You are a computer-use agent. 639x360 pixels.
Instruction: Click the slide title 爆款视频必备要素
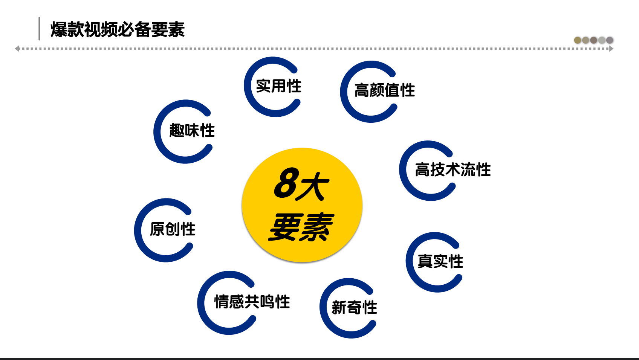118,29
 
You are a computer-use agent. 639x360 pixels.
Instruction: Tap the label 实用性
278,86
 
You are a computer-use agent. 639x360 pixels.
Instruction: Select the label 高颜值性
385,90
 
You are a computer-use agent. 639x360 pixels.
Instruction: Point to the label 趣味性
192,131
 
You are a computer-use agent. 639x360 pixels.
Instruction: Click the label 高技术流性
453,169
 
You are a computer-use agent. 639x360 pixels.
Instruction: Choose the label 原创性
173,229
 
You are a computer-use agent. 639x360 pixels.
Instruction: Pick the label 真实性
440,261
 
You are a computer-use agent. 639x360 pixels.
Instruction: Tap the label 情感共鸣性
252,302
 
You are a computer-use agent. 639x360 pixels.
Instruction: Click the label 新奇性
354,308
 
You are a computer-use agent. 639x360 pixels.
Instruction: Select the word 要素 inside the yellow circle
301,227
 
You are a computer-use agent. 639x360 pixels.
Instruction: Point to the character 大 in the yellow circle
313,186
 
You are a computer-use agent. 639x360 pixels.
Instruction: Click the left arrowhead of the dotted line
17,49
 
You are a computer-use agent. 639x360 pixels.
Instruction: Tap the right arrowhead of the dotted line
611,49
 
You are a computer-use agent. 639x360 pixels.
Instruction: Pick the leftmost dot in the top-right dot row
578,40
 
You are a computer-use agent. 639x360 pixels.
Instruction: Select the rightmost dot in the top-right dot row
610,40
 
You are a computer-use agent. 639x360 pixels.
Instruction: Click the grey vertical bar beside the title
39,29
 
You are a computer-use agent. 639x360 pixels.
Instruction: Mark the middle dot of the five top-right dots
594,40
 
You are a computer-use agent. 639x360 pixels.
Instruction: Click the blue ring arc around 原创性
138,230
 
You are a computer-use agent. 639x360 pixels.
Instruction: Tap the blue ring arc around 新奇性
324,308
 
